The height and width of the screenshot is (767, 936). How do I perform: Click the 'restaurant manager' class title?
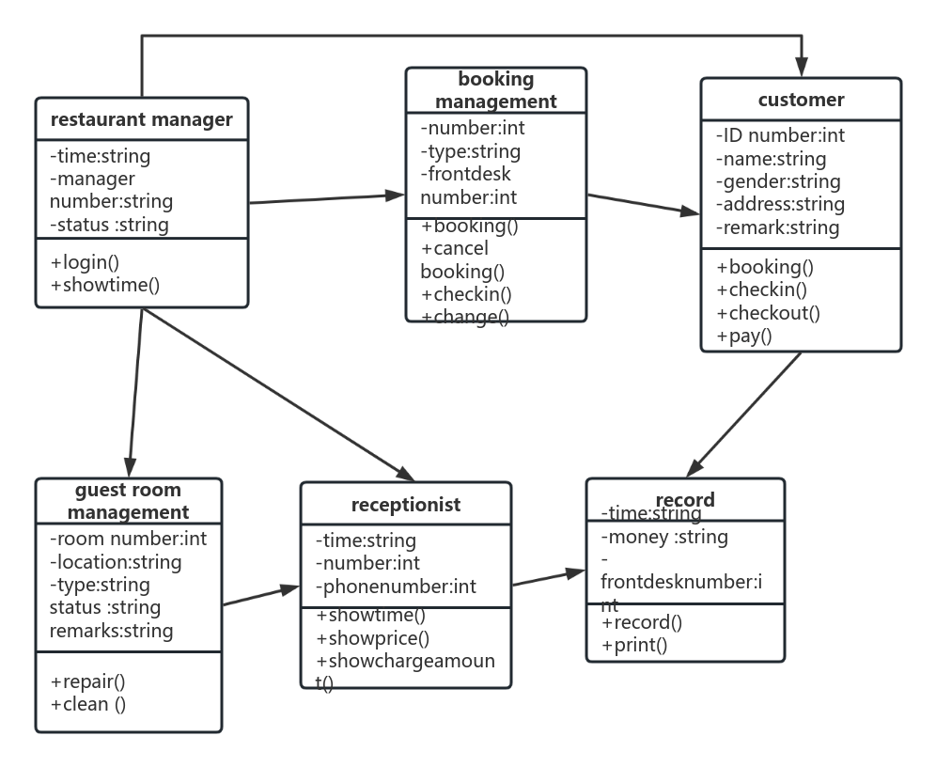[x=141, y=119]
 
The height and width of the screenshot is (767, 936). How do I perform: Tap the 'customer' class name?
[x=801, y=100]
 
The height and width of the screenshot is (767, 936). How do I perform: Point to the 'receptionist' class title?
[x=406, y=505]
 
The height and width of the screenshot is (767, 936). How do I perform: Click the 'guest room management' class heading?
[x=128, y=501]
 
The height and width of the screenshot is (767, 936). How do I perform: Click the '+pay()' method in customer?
[x=743, y=336]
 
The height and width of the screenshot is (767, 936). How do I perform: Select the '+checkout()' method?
[x=768, y=313]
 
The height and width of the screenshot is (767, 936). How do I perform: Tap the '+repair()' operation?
[x=87, y=681]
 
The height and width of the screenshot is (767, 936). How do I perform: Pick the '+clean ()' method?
[x=87, y=704]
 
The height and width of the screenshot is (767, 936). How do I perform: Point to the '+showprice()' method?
[x=372, y=638]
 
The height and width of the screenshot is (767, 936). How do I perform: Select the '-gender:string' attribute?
[x=778, y=181]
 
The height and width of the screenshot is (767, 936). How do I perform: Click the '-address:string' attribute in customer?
[x=780, y=204]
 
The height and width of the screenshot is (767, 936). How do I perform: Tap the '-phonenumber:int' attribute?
[x=396, y=587]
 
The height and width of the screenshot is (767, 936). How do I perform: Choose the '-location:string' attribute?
[x=116, y=562]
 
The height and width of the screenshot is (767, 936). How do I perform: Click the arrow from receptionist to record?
[x=549, y=577]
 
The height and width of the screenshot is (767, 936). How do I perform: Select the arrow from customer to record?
[x=747, y=413]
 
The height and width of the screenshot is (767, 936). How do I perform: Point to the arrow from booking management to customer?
[x=644, y=205]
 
